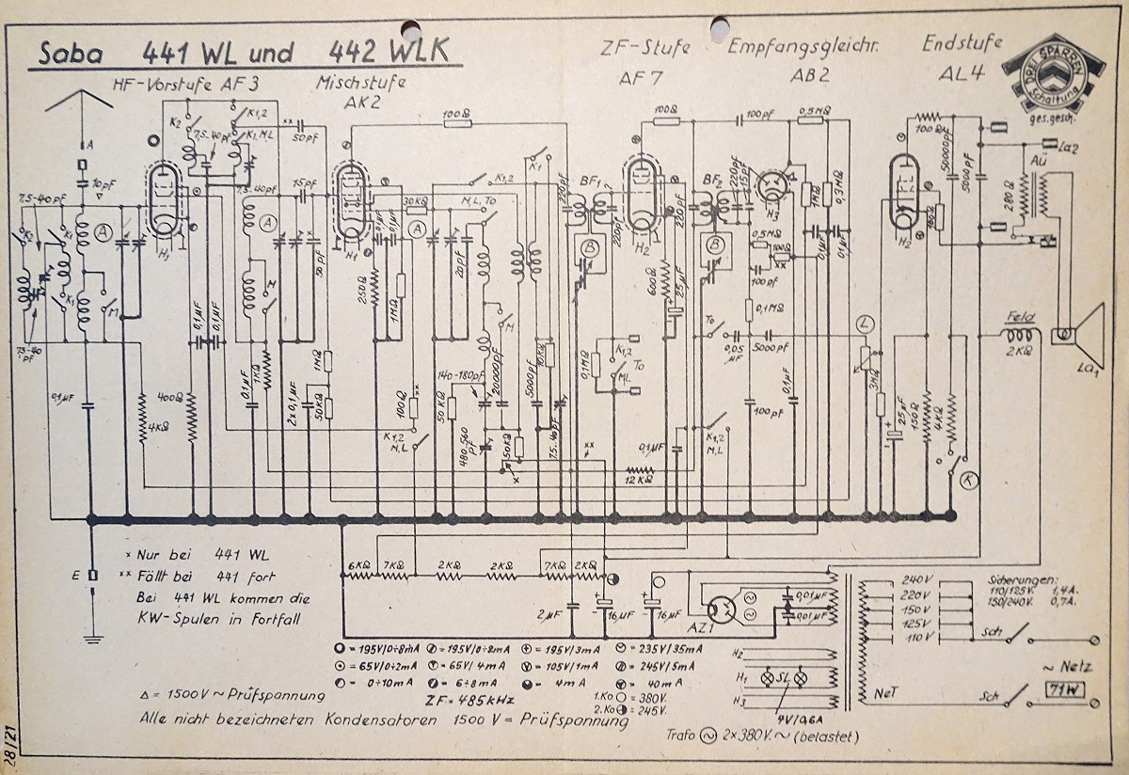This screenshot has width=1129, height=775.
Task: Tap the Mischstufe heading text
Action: point(362,82)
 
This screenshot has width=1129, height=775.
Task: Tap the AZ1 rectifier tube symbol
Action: point(722,609)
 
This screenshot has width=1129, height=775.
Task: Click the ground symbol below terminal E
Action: point(90,637)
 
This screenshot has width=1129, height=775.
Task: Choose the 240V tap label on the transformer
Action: point(914,579)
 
